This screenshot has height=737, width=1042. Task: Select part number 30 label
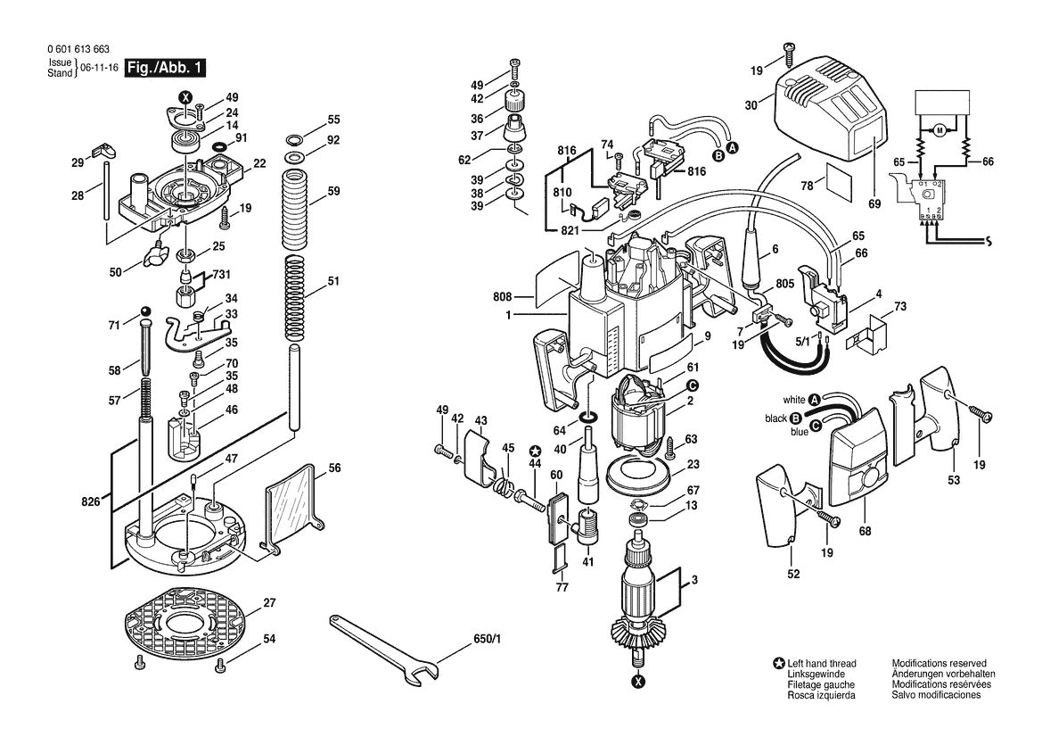coord(751,104)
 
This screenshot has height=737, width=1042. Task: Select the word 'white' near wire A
coord(794,399)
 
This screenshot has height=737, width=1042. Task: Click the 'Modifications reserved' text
coord(939,664)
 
